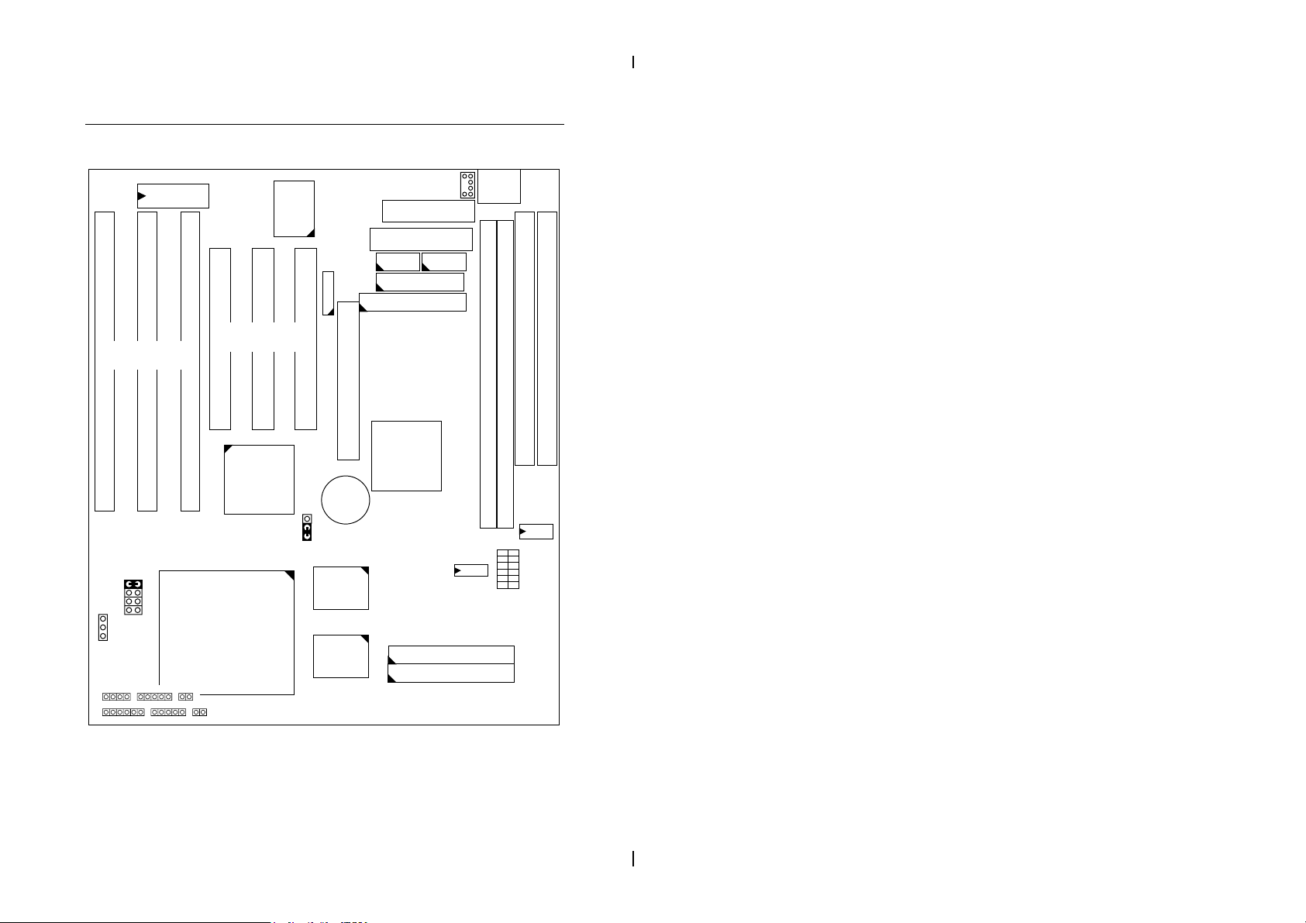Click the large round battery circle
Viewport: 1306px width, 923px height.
coord(346,500)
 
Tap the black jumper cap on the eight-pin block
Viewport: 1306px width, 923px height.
coord(133,584)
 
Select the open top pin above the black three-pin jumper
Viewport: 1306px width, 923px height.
coord(307,518)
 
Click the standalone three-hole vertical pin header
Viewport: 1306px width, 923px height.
coord(102,627)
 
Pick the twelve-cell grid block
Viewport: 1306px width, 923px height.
coord(508,569)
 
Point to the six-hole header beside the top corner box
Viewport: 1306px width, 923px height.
coord(467,184)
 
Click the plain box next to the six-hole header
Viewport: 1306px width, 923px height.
coord(499,186)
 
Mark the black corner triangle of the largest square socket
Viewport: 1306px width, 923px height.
coord(288,576)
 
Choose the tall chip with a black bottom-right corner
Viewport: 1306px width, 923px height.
coord(294,208)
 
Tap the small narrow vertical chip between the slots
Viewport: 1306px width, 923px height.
coord(328,293)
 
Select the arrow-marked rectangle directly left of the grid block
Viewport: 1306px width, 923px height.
coord(470,571)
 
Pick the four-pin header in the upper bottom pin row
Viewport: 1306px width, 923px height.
coord(116,697)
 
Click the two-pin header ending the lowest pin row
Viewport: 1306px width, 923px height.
coord(200,711)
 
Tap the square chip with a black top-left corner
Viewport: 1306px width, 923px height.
coord(259,479)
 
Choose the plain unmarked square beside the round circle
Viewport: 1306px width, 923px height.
coord(406,456)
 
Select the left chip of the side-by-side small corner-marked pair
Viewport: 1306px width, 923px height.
coord(398,262)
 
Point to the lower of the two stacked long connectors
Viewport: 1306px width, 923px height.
coord(450,673)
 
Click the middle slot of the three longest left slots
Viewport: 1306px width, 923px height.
coord(146,361)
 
